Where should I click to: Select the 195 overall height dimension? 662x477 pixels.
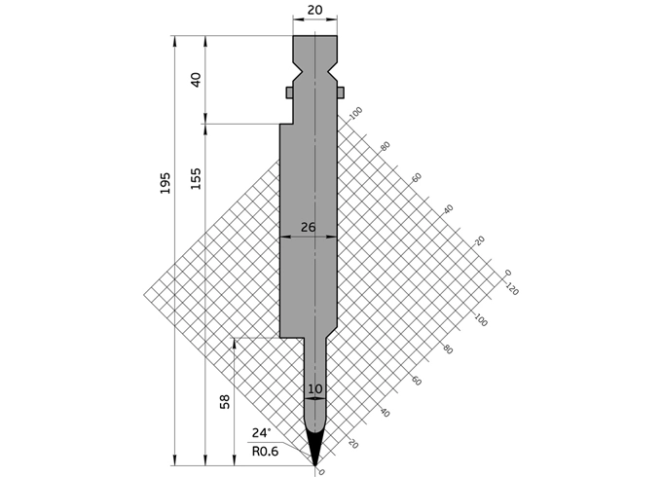(165, 183)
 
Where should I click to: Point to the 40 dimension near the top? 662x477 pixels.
(196, 80)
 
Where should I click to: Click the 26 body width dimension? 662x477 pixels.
(308, 227)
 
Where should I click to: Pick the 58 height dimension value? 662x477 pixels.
(226, 401)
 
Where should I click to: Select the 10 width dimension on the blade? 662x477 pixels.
(314, 389)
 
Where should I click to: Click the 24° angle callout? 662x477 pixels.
(261, 433)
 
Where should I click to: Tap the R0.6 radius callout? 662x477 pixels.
(265, 451)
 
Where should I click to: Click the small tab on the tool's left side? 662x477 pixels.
(289, 92)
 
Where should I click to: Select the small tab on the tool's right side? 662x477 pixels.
(342, 92)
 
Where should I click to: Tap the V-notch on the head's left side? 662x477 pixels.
(297, 71)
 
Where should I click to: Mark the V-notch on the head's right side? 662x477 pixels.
(333, 71)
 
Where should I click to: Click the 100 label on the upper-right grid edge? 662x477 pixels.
(355, 113)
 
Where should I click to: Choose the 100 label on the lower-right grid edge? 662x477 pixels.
(479, 318)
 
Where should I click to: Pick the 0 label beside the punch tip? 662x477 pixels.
(322, 472)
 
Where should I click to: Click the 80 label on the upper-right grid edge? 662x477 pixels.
(385, 145)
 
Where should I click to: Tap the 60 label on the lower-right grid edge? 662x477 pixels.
(416, 382)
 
